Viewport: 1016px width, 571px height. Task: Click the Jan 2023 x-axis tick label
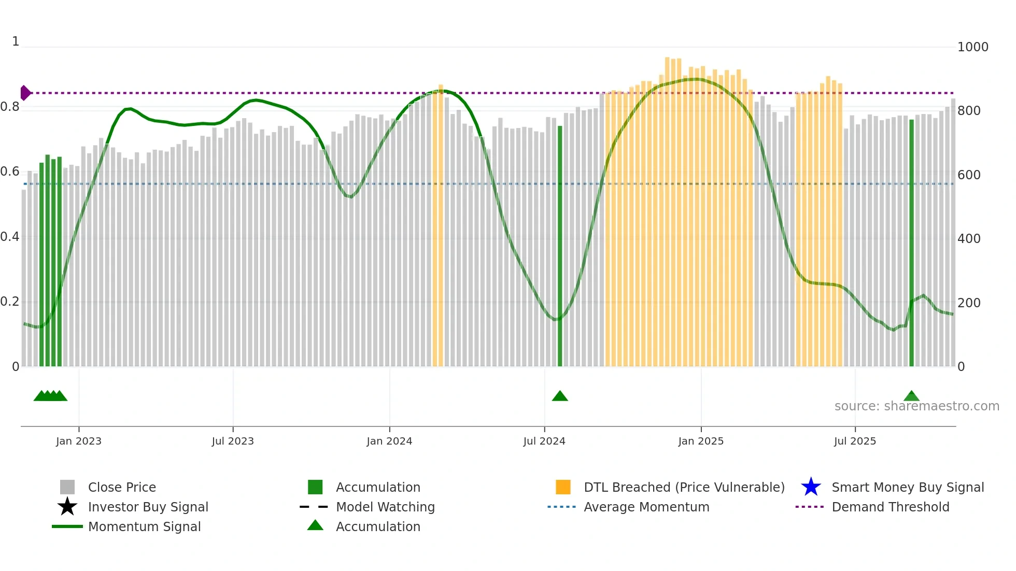79,441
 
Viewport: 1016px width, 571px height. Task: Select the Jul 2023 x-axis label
233,441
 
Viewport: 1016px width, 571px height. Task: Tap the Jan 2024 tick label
389,441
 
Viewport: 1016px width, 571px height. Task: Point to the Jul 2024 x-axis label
544,441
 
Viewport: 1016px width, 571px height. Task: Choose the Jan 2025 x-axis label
701,441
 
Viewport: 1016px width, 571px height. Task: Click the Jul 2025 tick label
855,441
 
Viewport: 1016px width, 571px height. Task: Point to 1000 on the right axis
972,47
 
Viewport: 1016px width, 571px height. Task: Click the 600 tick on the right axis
969,175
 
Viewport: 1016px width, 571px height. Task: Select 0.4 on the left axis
10,237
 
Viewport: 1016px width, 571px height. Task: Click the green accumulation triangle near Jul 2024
560,396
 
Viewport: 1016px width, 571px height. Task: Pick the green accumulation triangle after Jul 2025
911,396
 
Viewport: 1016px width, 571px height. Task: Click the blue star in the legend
811,487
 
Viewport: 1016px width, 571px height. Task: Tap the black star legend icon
67,507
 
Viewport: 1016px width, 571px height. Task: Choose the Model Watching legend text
385,507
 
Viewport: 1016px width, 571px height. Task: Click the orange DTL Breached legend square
563,487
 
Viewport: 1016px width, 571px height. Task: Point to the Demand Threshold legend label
890,507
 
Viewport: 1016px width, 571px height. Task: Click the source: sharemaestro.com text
916,406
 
